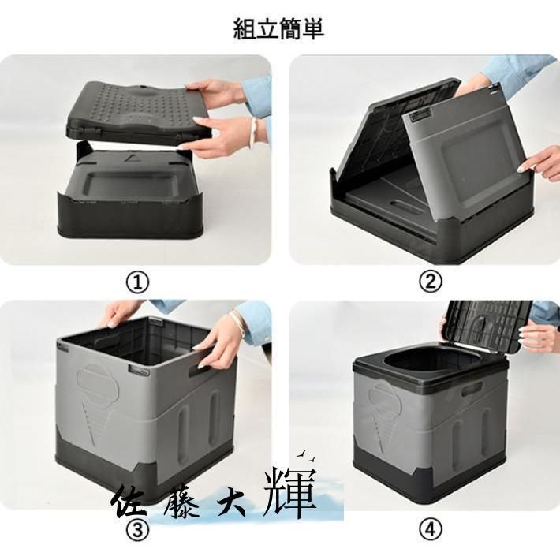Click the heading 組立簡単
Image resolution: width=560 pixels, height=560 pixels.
click(278, 28)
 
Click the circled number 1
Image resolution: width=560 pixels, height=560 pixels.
click(138, 282)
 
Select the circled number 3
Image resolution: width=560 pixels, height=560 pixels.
click(138, 530)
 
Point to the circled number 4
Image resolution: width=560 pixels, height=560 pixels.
click(431, 529)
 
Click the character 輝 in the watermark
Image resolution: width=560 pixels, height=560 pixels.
click(292, 492)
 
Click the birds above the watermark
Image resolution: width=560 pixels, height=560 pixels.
click(306, 455)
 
